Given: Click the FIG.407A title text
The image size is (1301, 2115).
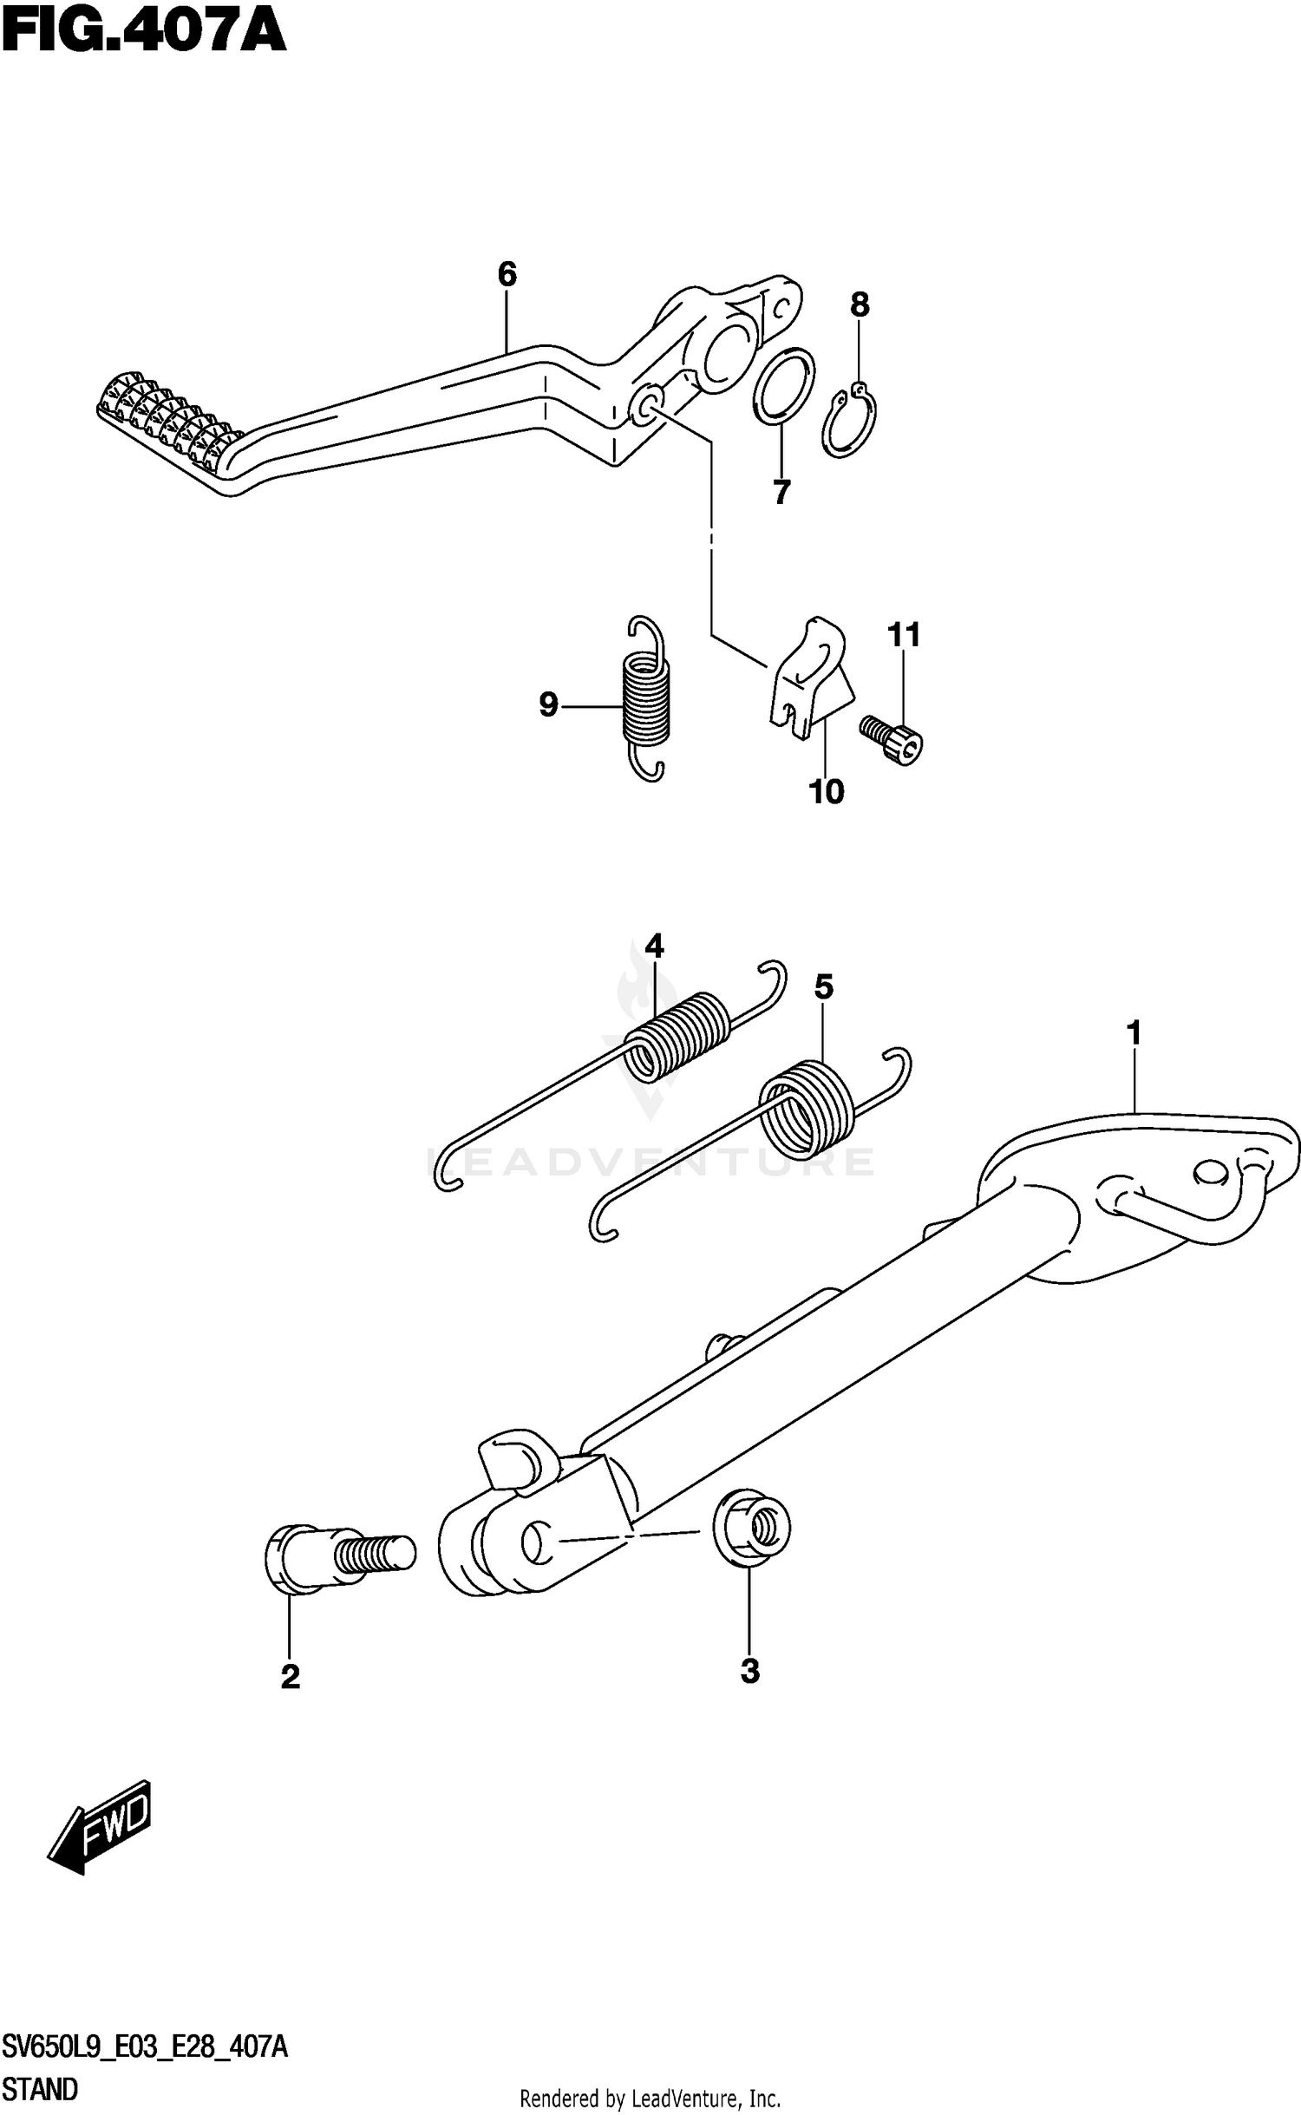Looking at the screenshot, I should [143, 33].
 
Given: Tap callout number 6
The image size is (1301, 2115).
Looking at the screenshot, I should [507, 275].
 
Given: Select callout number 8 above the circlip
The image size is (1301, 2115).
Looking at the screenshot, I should [859, 304].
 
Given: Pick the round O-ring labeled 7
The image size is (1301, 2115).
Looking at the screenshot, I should [783, 387].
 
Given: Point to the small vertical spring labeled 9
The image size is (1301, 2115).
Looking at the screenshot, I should [646, 700].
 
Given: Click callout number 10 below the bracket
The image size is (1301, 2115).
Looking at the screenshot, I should [826, 791].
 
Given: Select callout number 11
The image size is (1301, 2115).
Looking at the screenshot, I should [903, 635].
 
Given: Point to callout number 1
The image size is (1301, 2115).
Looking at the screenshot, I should [1133, 1033].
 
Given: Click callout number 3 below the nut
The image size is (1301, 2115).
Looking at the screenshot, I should [750, 1670].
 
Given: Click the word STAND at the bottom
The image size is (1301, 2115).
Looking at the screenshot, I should [40, 2089].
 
